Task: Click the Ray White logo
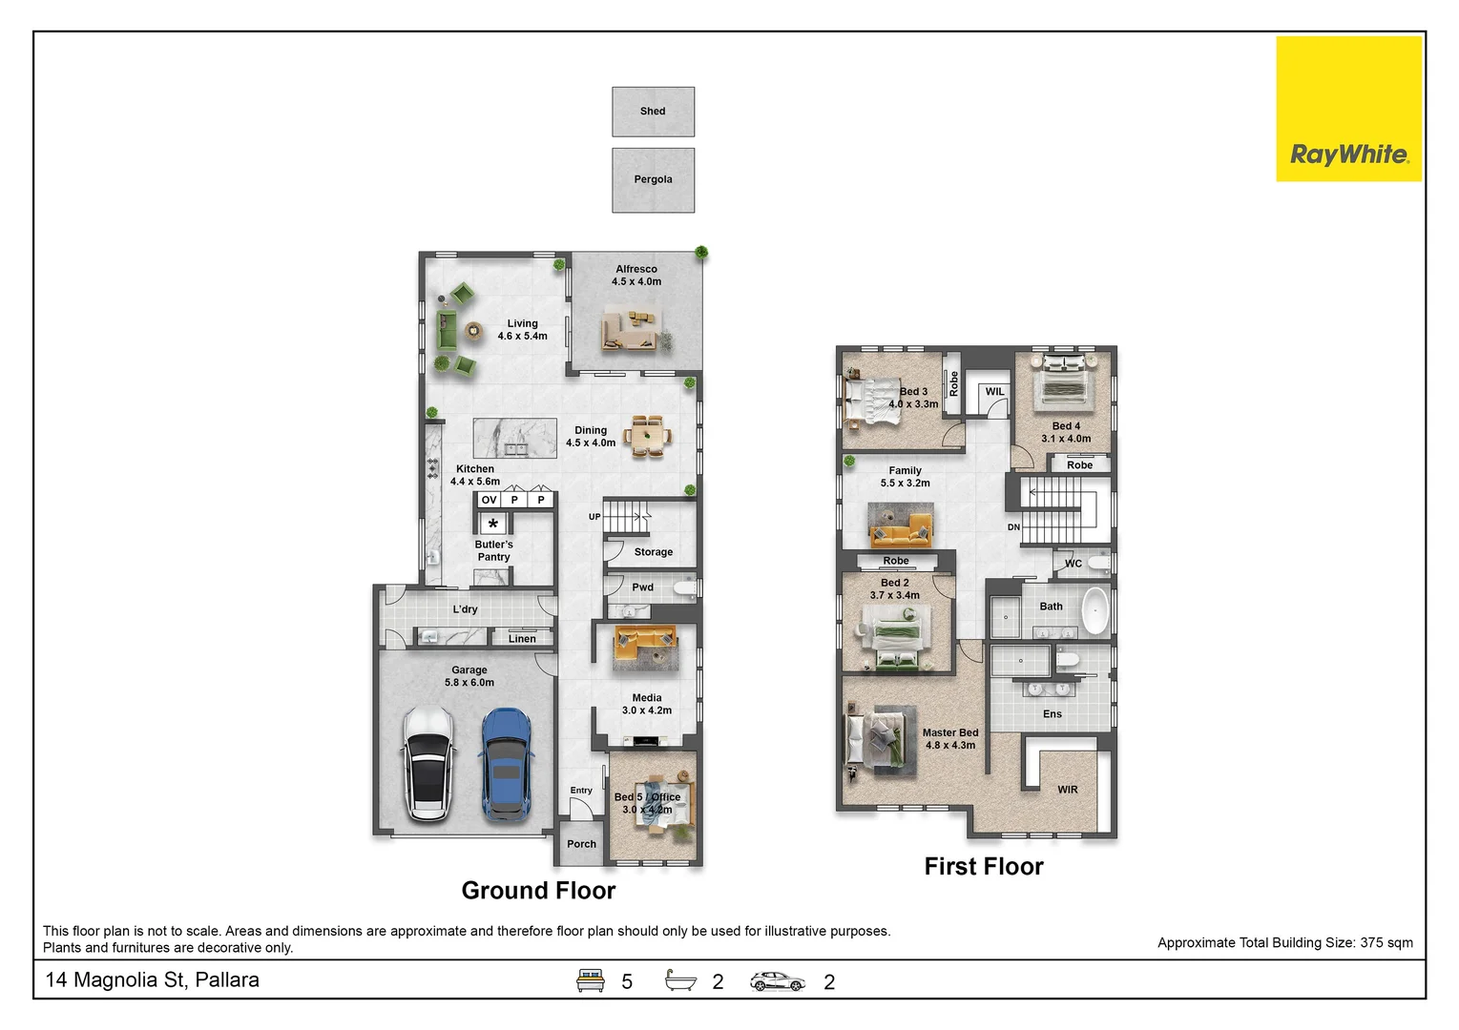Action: coord(1349,109)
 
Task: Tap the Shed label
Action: coord(653,112)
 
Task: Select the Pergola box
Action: coord(654,179)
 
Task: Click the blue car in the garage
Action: coord(506,765)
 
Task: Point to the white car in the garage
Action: coord(427,764)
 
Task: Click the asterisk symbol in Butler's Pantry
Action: coord(493,524)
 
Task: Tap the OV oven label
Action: coord(490,500)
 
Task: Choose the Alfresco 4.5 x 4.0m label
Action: coord(636,276)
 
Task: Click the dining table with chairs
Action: coord(647,436)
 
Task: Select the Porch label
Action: coord(582,844)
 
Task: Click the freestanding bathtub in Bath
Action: coord(1095,610)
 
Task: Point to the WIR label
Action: coord(1068,790)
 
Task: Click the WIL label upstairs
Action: coord(994,391)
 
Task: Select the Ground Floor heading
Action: coord(539,891)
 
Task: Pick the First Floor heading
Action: coord(984,867)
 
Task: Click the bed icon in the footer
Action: coord(590,980)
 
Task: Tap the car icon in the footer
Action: coord(777,981)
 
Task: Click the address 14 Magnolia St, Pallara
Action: coord(152,979)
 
